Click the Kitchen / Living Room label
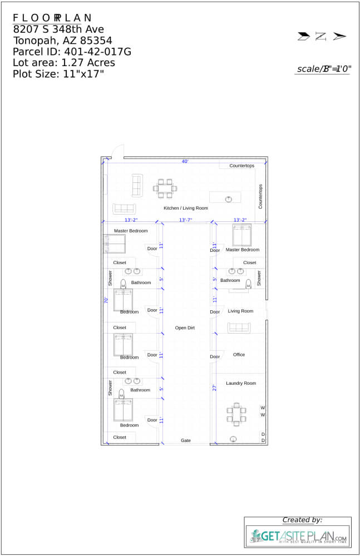click(185, 208)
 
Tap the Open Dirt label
click(185, 328)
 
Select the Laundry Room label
click(241, 383)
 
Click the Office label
click(239, 355)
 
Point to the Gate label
click(186, 440)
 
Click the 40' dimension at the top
click(185, 161)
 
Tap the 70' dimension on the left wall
click(106, 300)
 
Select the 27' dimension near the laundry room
click(214, 388)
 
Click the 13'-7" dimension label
click(185, 220)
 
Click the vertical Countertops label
click(260, 196)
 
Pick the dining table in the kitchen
click(165, 188)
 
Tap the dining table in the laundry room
click(236, 414)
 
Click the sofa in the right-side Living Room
click(239, 327)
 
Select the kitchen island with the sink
click(225, 197)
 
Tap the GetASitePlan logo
click(298, 537)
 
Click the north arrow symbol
click(322, 37)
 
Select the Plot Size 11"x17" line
click(58, 74)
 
